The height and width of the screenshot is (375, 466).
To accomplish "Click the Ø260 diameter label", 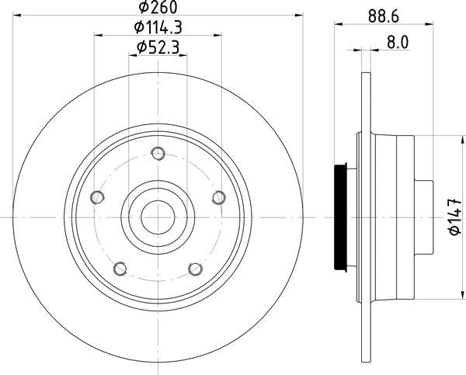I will coord(158,9).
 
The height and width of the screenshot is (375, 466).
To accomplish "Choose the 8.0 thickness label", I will coord(397,43).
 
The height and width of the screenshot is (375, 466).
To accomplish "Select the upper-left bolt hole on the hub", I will coord(96,196).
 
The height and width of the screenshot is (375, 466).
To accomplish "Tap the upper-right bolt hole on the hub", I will coord(219,196).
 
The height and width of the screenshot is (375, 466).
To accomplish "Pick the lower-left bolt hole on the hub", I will coord(120,269).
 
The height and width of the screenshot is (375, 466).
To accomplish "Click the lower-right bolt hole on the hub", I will coord(196,269).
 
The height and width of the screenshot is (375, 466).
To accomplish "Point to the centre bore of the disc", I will coord(158,217).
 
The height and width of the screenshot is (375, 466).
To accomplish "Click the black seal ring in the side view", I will coord(339,217).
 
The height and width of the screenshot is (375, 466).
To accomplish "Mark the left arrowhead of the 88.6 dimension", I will coord(339,25).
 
